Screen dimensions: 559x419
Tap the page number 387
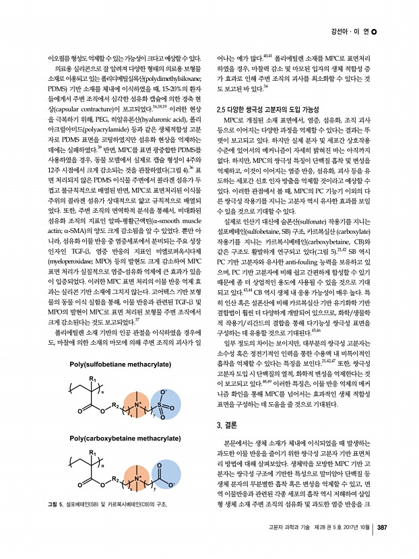(x=381, y=546)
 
